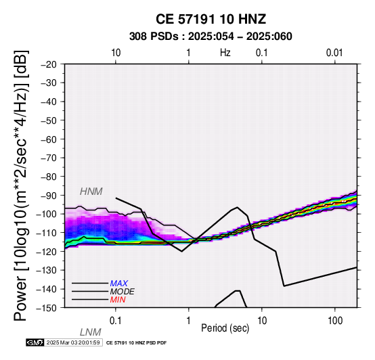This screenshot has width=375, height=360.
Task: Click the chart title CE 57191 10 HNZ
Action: coord(211,19)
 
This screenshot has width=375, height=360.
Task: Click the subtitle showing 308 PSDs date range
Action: coord(211,37)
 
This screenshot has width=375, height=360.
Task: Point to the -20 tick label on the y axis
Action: coord(49,64)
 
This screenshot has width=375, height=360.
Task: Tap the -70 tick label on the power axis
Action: coord(49,158)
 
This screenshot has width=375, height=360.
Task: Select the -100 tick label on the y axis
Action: coord(47,214)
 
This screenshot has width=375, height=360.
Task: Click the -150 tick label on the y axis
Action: coord(47,308)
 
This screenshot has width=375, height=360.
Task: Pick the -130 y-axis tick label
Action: coord(47,270)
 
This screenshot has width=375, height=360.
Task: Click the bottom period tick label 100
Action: coord(335,321)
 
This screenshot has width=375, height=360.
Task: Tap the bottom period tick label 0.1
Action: coord(115,321)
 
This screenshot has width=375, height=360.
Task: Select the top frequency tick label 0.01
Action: coord(334,53)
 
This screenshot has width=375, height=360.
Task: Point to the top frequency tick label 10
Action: coord(116,53)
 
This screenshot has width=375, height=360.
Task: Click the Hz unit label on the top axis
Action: coord(225,53)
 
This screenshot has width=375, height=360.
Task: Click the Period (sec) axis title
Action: coord(225,328)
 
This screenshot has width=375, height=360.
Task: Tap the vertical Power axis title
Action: coord(20,185)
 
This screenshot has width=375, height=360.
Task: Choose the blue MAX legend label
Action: coord(119,284)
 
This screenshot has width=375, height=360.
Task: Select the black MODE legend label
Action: coord(123,292)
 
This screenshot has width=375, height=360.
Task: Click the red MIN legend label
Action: coord(118,300)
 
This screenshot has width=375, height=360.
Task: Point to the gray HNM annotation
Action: coord(91,192)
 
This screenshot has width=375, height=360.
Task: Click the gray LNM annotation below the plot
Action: coord(91,332)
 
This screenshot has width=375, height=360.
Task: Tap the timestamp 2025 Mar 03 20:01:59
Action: coord(73,343)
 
